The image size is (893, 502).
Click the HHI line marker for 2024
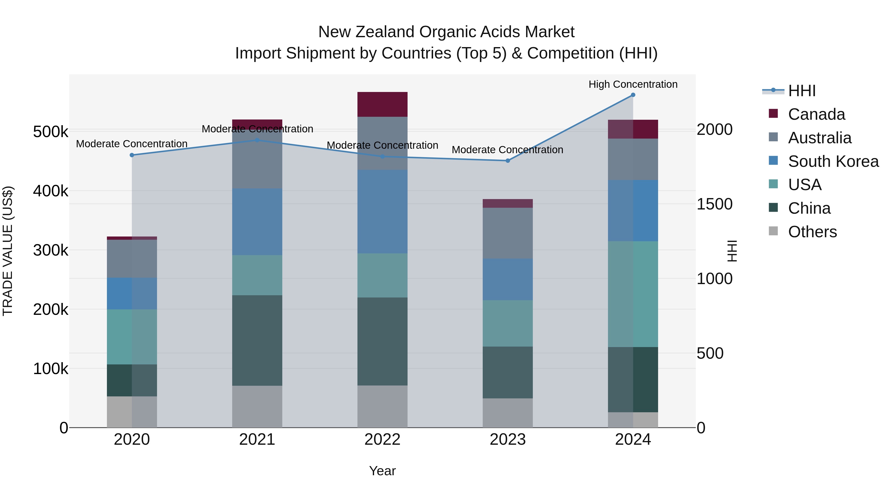tap(633, 95)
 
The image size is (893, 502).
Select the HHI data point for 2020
tap(132, 155)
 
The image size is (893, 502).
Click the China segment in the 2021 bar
tap(257, 340)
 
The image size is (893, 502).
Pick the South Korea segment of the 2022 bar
tap(382, 211)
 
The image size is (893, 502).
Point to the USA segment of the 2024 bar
tap(633, 294)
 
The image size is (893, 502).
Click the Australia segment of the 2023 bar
tap(508, 233)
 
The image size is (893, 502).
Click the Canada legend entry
tap(816, 114)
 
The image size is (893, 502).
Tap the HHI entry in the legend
tap(802, 91)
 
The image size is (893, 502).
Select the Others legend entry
tap(812, 232)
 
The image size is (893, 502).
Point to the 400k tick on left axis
tap(51, 191)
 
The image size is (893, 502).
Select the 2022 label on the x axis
tap(382, 440)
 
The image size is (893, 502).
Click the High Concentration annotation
tap(633, 84)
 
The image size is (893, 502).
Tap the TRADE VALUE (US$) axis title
tap(8, 251)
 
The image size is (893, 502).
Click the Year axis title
tap(382, 471)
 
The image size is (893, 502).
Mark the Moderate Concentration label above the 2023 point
tap(508, 150)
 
